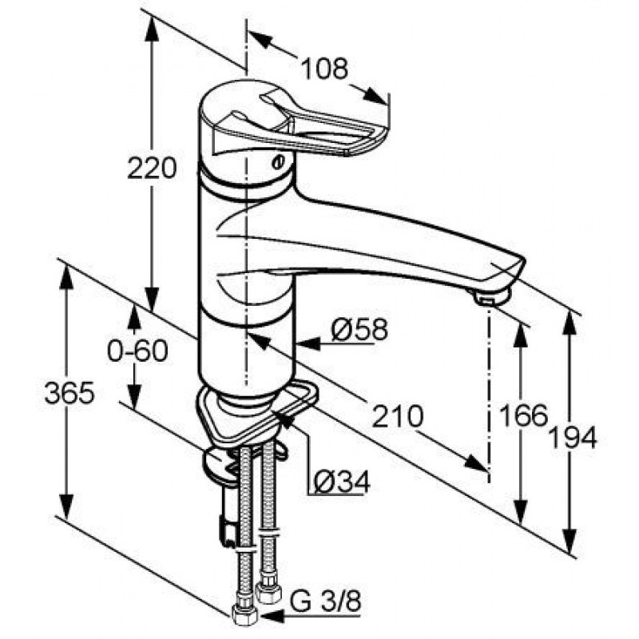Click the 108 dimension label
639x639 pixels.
(324, 69)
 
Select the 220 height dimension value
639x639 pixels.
(152, 168)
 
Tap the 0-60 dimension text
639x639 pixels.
(137, 351)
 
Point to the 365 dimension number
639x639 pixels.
(69, 393)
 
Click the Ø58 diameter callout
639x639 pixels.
(359, 329)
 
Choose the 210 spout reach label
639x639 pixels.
(398, 416)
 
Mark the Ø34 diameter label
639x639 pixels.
(343, 482)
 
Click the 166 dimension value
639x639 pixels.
(524, 415)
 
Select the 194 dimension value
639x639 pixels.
(573, 438)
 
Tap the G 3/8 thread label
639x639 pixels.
(325, 601)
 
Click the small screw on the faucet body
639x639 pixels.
(277, 162)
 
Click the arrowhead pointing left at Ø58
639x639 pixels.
(308, 344)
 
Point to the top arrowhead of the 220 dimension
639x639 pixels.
(152, 30)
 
